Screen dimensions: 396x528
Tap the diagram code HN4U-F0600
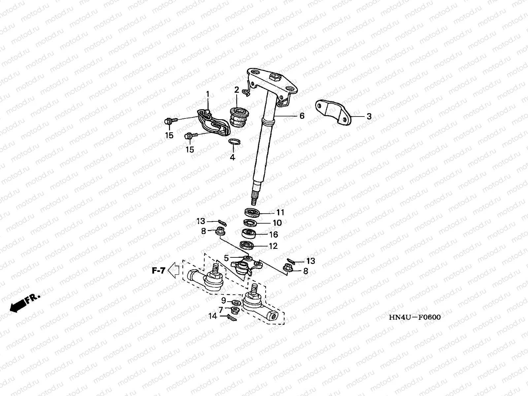415,317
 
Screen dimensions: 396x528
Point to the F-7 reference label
158,271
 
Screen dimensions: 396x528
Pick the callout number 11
280,212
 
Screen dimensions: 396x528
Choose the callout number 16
274,235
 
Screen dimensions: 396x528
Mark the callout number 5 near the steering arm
226,258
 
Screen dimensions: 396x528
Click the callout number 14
213,316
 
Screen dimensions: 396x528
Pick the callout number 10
277,223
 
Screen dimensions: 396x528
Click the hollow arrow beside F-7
174,271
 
